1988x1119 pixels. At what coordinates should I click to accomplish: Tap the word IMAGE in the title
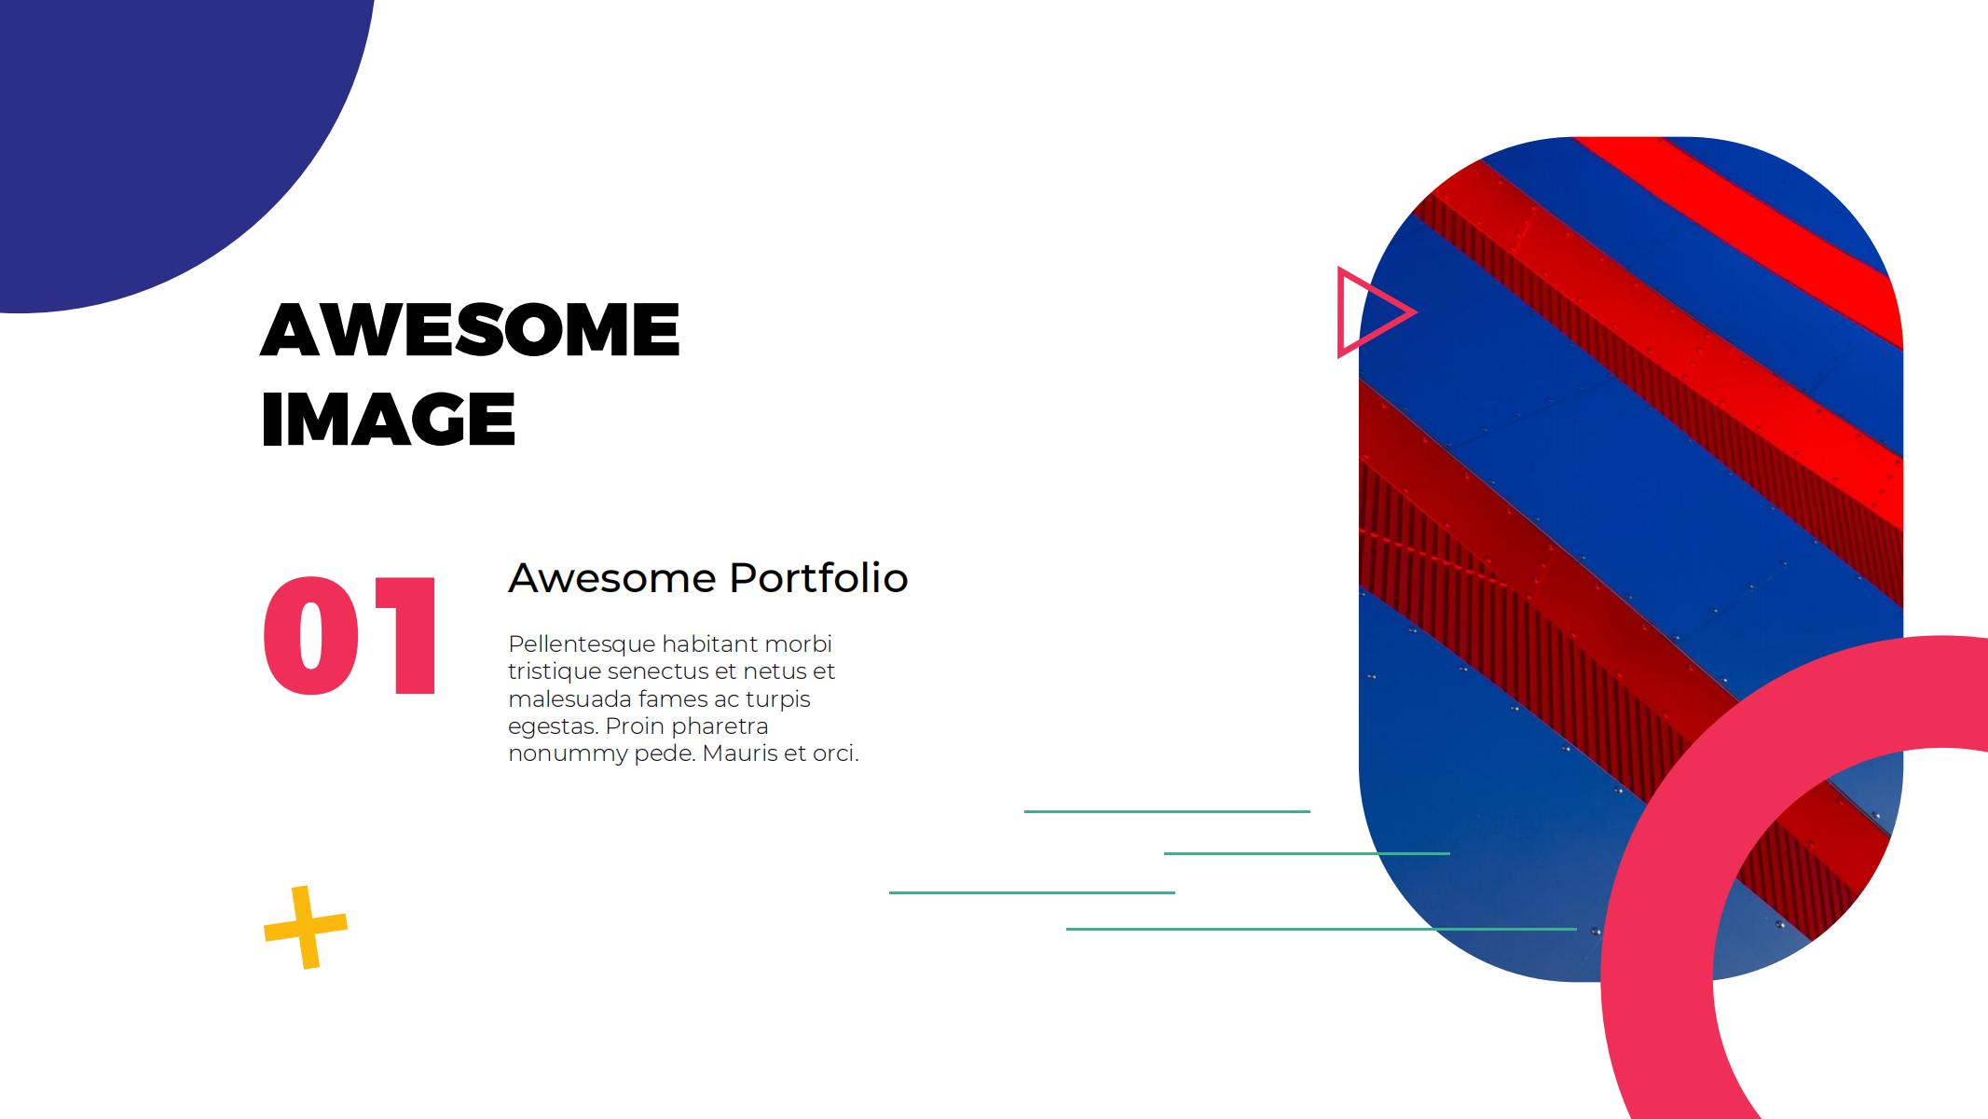[388, 420]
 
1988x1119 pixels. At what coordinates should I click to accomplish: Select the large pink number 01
[350, 636]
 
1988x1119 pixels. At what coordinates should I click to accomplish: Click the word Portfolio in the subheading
[818, 578]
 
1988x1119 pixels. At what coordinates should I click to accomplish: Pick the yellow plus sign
[306, 927]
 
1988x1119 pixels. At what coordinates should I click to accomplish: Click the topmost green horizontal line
[1167, 811]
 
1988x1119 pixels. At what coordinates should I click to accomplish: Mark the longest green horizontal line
[1322, 929]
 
